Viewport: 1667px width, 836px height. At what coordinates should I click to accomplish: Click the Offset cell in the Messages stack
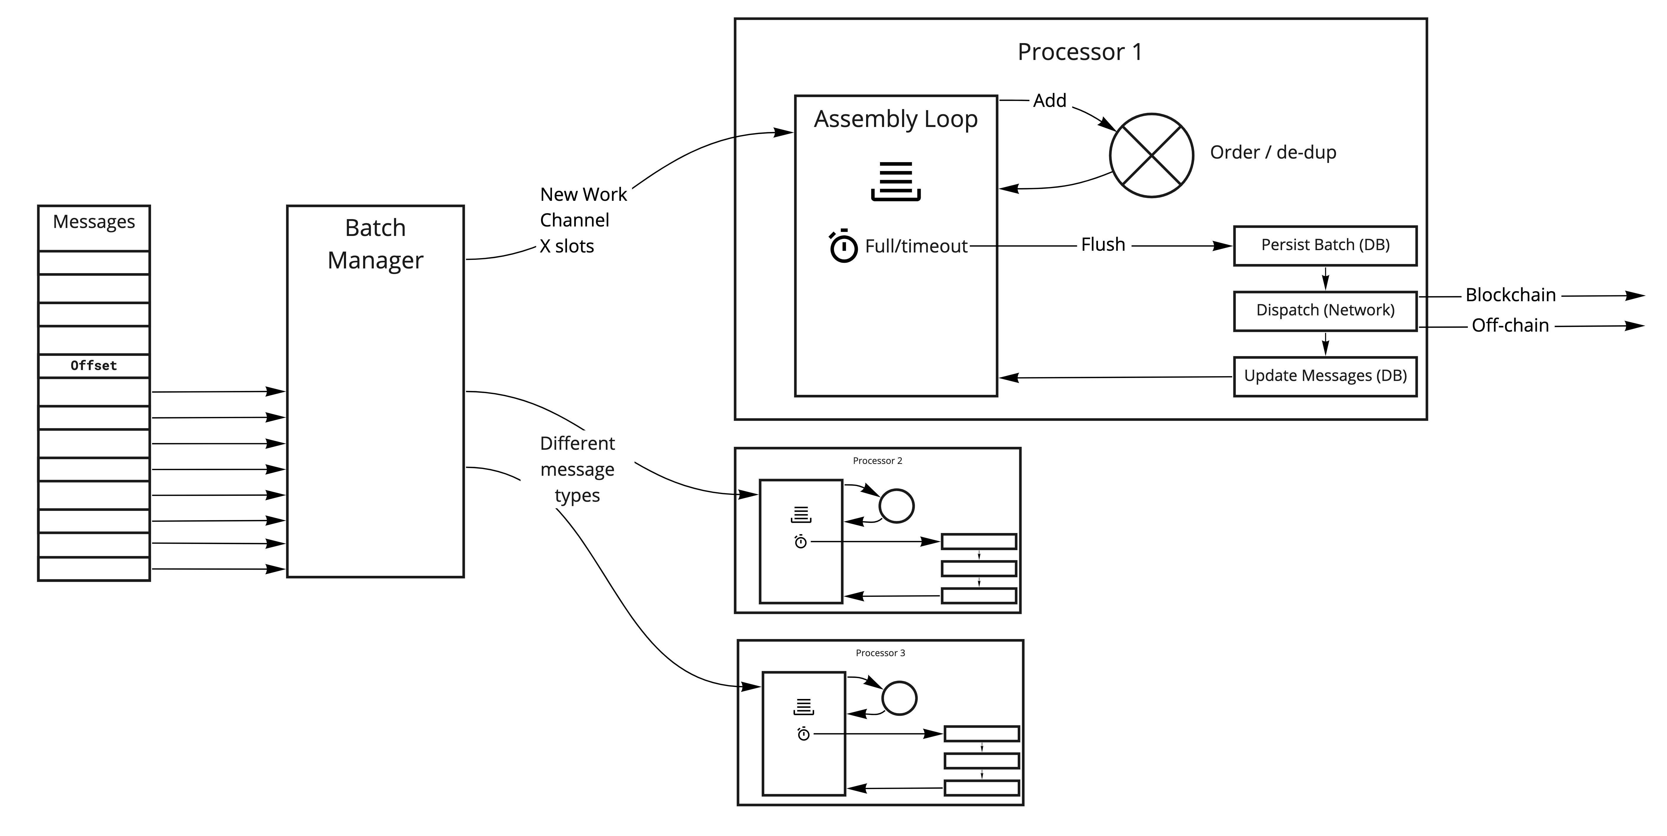pos(94,366)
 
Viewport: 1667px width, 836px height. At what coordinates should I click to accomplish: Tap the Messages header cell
pos(94,222)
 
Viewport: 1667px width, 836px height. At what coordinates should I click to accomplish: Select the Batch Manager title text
pos(375,244)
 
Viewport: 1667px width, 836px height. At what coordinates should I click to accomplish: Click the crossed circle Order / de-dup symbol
pos(1151,155)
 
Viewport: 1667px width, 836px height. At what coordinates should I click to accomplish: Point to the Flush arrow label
pos(1103,245)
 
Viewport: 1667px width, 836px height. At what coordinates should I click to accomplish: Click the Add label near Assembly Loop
pos(1049,101)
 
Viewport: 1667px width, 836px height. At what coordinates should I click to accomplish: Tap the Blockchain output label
pos(1510,295)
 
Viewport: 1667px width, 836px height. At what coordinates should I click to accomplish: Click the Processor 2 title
pos(877,461)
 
